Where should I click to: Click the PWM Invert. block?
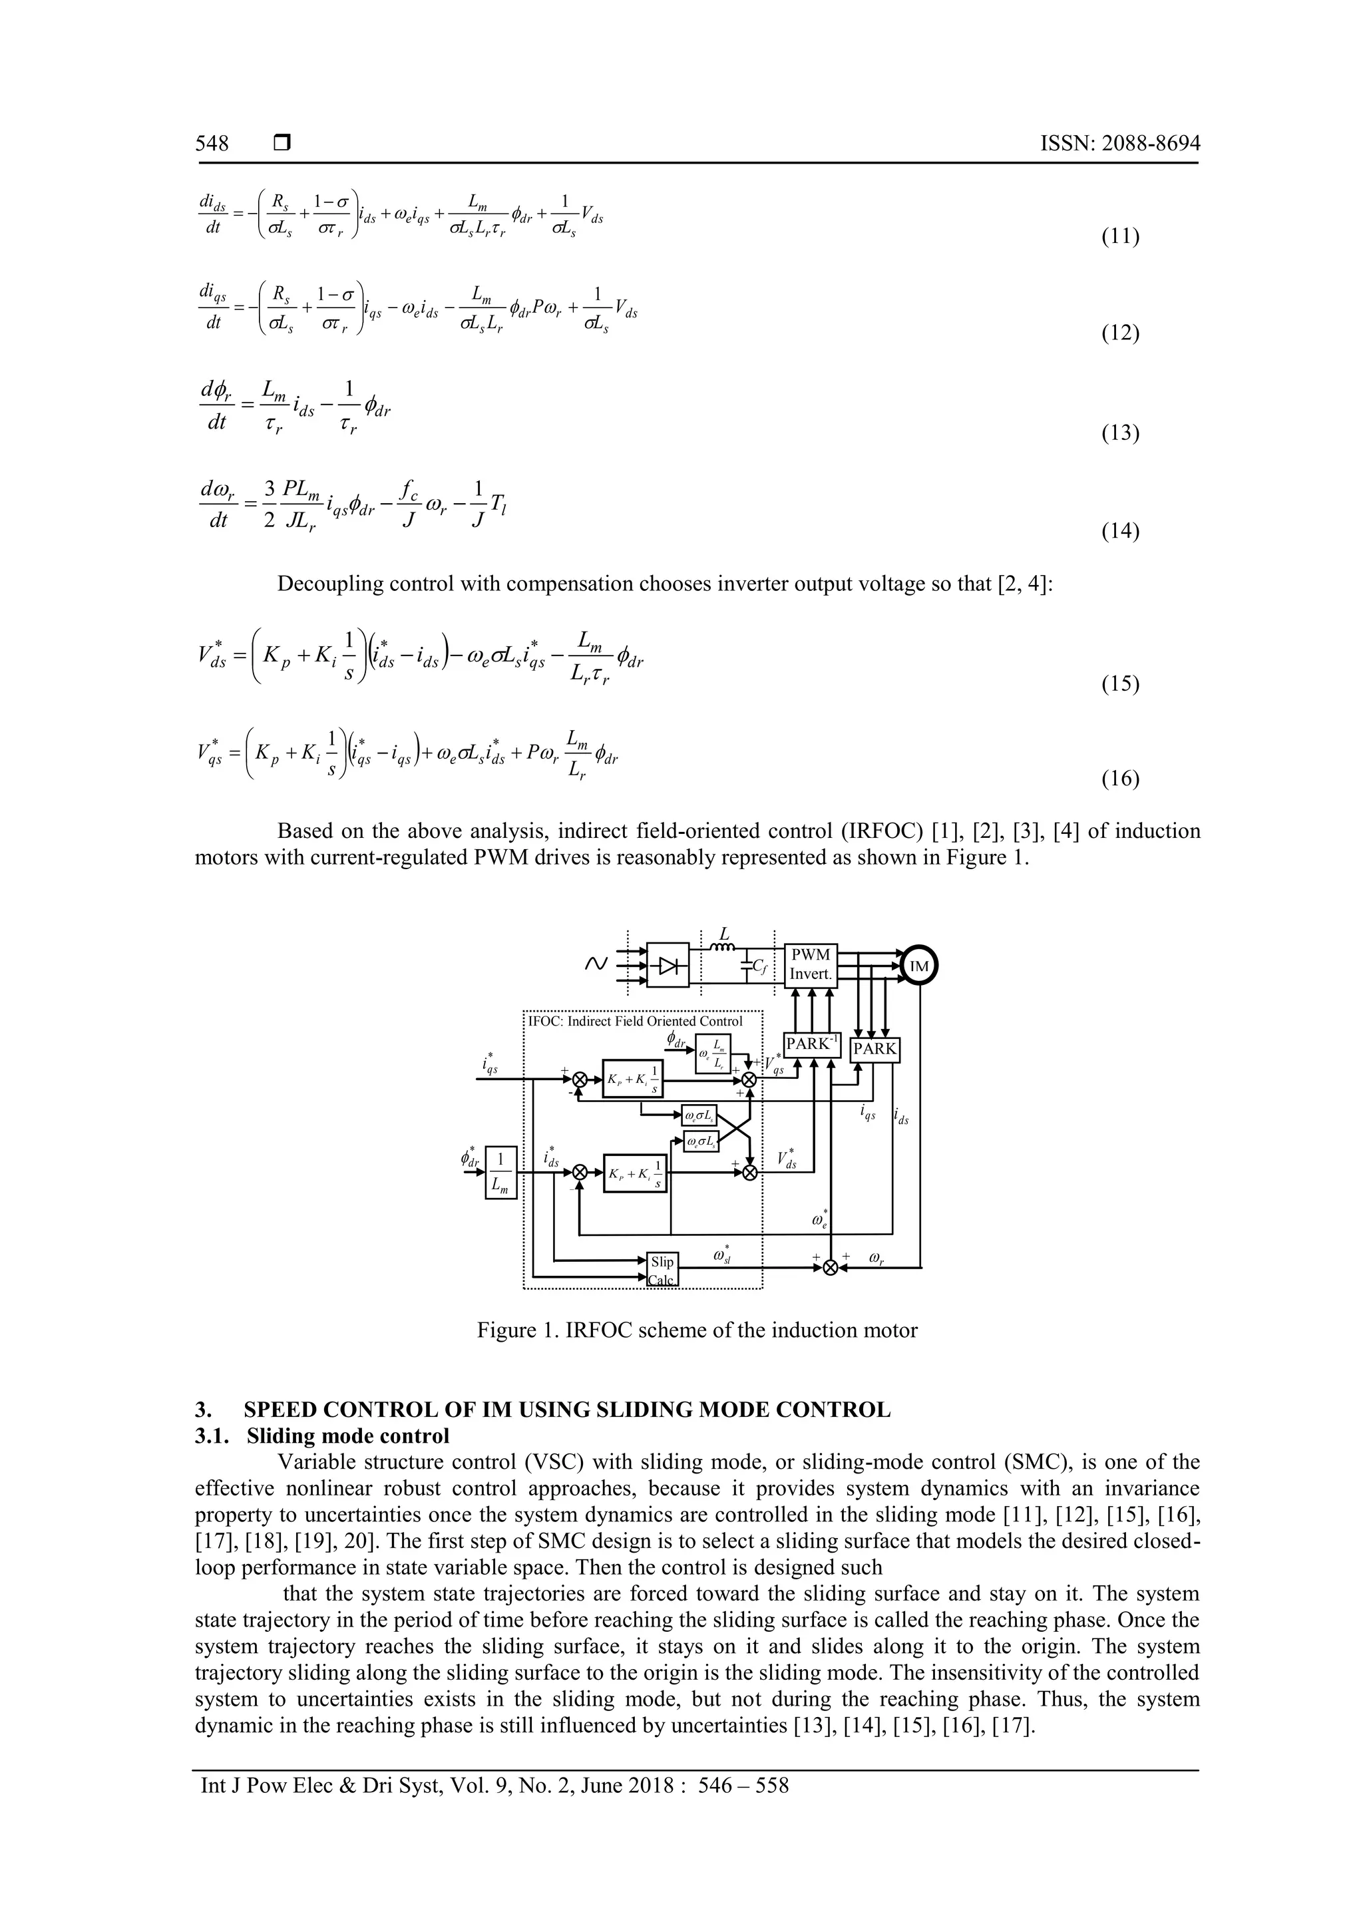[x=811, y=965]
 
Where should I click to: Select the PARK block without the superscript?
[x=875, y=1049]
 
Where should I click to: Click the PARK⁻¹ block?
[x=811, y=1044]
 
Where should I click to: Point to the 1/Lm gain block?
[x=500, y=1171]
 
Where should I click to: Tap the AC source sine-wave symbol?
[x=594, y=964]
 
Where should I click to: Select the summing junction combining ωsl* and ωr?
[x=830, y=1268]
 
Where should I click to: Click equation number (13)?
[x=1119, y=433]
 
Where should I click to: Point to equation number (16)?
[x=1119, y=779]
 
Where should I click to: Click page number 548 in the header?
[x=212, y=144]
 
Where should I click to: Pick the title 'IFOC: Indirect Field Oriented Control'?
[x=635, y=1021]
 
